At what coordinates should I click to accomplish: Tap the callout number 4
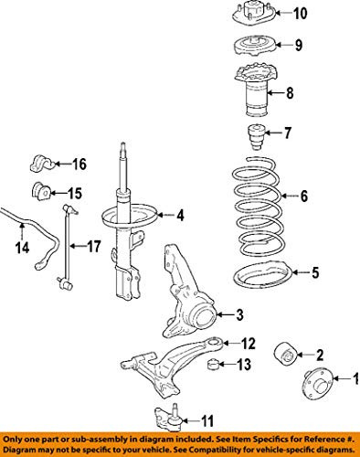180,216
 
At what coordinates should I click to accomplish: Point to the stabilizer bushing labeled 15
42,193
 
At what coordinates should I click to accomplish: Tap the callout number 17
94,246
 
